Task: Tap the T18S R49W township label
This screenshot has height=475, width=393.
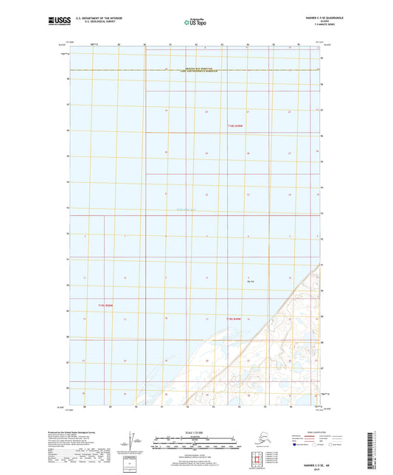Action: tap(235, 126)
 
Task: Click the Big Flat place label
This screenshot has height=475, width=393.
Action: tap(251, 282)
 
